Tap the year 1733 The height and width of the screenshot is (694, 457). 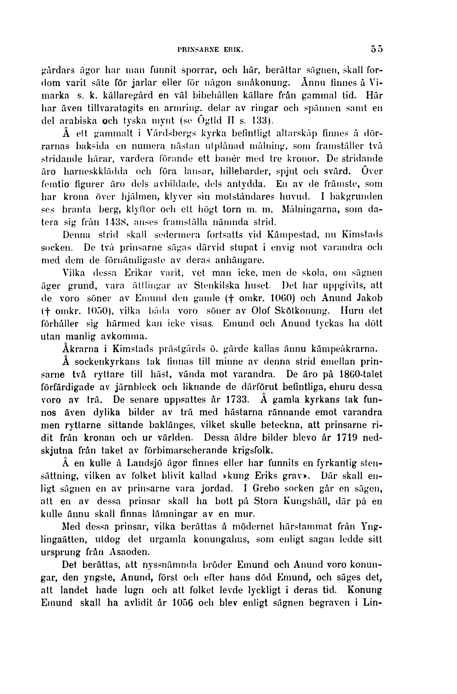[x=237, y=400]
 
